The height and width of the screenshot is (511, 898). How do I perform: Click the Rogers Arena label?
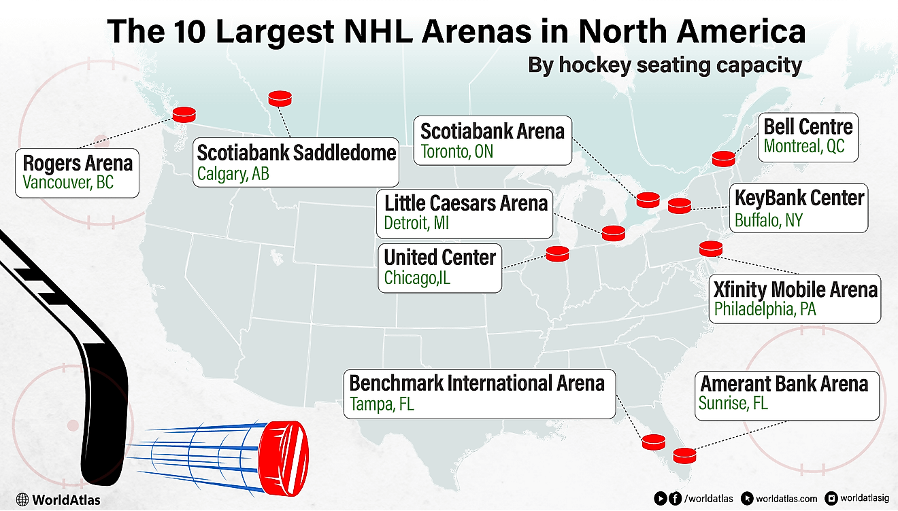pyautogui.click(x=77, y=164)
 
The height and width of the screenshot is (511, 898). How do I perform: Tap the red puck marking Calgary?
pyautogui.click(x=280, y=99)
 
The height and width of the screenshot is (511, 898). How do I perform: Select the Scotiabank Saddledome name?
pyautogui.click(x=296, y=152)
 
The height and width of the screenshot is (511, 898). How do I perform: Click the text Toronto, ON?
pyautogui.click(x=456, y=152)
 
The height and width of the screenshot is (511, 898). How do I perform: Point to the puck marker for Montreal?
pyautogui.click(x=724, y=159)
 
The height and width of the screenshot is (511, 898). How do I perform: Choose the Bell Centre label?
pyautogui.click(x=808, y=127)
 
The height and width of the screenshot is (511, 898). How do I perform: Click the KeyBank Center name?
pyautogui.click(x=799, y=198)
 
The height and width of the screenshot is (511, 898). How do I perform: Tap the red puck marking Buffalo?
pyautogui.click(x=679, y=205)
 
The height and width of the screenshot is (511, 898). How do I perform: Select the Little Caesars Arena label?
pyautogui.click(x=465, y=203)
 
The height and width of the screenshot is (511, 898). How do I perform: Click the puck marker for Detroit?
pyautogui.click(x=613, y=233)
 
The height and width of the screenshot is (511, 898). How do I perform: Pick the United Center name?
pyautogui.click(x=439, y=258)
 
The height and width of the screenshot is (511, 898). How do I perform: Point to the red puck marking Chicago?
pyautogui.click(x=557, y=253)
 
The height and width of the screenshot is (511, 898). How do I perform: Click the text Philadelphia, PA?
pyautogui.click(x=765, y=310)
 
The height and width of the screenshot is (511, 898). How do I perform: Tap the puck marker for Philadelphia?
pyautogui.click(x=711, y=249)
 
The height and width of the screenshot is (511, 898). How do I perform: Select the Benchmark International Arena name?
pyautogui.click(x=476, y=383)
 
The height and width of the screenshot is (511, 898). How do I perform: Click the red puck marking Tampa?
pyautogui.click(x=654, y=442)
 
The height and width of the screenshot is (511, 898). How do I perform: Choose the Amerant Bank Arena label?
pyautogui.click(x=784, y=384)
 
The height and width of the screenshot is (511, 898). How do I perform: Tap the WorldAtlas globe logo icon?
pyautogui.click(x=22, y=499)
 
